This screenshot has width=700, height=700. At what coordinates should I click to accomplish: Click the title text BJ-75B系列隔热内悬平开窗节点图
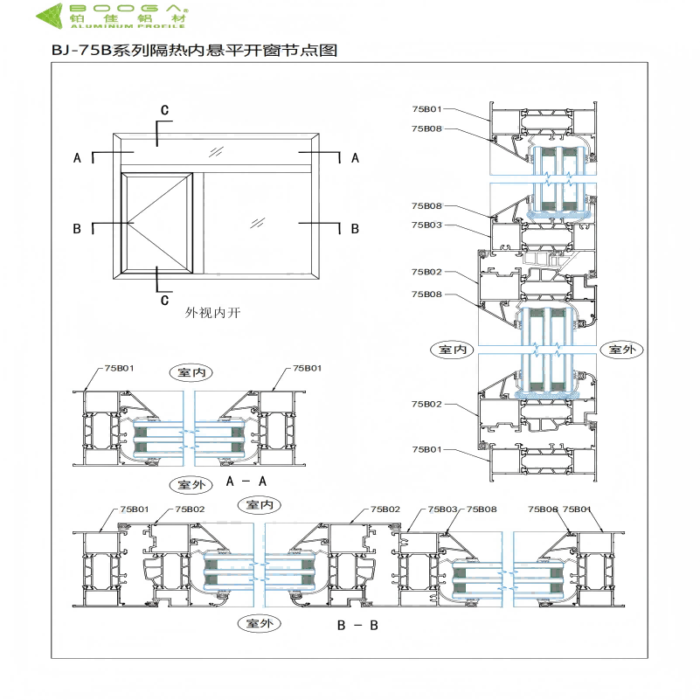pos(194,51)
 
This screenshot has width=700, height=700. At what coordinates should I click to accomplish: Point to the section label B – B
pos(357,626)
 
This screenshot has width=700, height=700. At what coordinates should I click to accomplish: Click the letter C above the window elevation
pos(163,109)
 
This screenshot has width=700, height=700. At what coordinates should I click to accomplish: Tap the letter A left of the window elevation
pos(77,158)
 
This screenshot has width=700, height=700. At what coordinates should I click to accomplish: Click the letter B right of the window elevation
pos(355,228)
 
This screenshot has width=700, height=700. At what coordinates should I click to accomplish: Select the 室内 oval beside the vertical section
pos(453,350)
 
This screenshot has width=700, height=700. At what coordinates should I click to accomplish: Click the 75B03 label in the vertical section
pos(427,225)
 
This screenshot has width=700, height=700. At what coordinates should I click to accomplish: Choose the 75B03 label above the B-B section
pos(442,509)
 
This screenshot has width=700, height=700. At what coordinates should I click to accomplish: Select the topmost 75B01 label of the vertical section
pos(427,109)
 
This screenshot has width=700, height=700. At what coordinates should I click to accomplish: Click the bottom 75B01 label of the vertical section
pos(427,449)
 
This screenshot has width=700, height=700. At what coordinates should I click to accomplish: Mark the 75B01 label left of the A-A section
pos(120,369)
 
